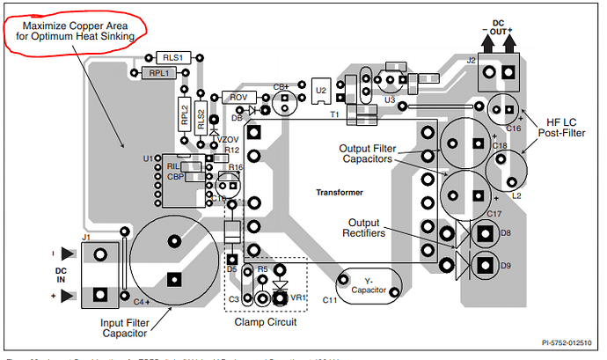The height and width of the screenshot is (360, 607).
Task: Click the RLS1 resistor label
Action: point(172,58)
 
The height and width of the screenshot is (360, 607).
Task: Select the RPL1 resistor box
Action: point(158,73)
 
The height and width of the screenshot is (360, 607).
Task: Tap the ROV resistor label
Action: point(238,97)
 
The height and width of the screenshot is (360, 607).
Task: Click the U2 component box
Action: point(321,89)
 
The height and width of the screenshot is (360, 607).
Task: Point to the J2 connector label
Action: point(472,61)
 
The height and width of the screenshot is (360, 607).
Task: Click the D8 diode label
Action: point(505,233)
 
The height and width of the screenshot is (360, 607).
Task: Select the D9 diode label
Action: point(505,265)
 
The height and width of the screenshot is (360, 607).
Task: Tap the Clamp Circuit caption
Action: point(267,322)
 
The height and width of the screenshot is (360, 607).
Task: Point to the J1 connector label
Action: point(86,237)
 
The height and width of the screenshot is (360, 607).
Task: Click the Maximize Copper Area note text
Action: point(75,31)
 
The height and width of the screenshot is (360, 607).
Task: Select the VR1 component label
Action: point(299,297)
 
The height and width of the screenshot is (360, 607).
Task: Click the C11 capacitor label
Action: point(329,301)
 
